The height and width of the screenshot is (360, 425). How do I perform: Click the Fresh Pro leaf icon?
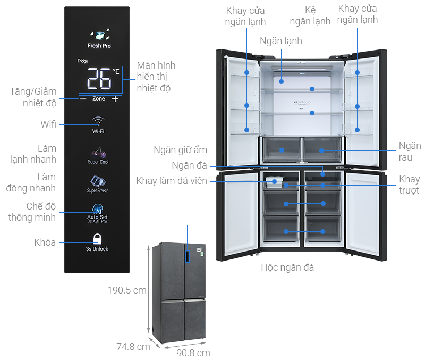click(100, 35)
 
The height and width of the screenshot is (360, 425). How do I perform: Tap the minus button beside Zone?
click(83, 99)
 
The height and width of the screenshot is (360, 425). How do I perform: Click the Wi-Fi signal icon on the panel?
click(98, 121)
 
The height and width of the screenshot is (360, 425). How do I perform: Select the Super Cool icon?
click(98, 153)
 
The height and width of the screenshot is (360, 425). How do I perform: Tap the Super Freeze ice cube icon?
click(98, 181)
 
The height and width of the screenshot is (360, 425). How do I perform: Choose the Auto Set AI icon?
click(97, 208)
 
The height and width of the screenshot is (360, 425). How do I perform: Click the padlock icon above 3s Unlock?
click(97, 239)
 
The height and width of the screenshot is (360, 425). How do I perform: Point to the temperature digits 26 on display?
click(99, 79)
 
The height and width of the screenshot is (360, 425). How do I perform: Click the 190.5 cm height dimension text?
click(127, 290)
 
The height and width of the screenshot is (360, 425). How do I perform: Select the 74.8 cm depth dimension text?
click(133, 346)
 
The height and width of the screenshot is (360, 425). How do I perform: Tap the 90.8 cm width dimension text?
click(193, 353)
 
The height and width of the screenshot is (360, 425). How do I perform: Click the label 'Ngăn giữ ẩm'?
click(180, 150)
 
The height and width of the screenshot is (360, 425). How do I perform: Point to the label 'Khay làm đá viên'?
click(172, 181)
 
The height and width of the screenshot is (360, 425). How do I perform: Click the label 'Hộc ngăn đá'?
click(287, 267)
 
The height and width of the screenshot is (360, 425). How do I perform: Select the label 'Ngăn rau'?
click(410, 152)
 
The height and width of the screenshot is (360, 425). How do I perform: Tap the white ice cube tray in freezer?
click(274, 182)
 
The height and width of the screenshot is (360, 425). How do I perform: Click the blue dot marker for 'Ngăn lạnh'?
click(282, 81)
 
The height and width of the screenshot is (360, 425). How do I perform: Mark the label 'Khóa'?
click(45, 242)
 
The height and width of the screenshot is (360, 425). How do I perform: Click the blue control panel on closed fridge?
click(187, 257)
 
